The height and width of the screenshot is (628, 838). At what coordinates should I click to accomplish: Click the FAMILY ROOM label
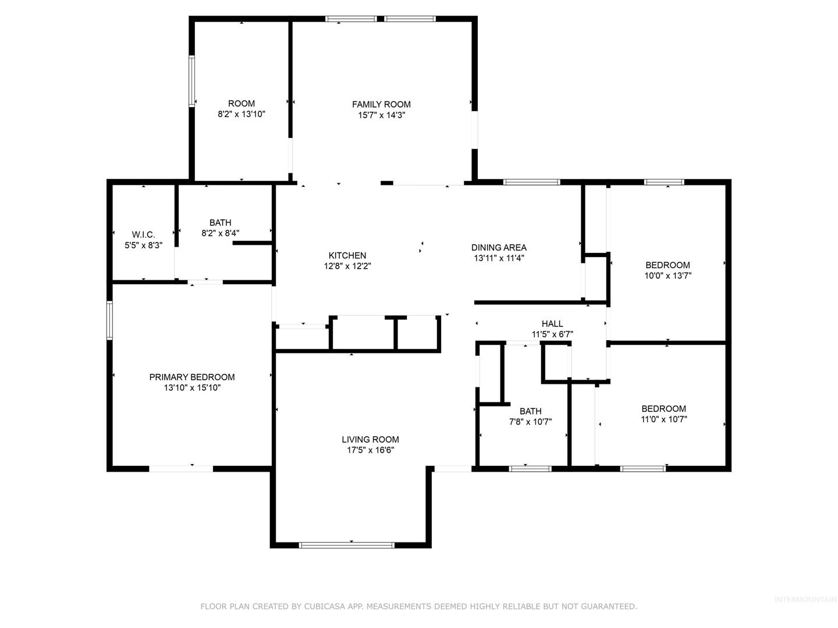381,104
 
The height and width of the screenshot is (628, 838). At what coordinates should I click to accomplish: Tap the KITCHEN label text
347,255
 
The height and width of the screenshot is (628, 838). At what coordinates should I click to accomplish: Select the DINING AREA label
499,248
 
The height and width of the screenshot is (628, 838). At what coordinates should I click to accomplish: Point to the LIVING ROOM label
370,439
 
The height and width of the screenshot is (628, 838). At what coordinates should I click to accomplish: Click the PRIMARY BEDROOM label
191,377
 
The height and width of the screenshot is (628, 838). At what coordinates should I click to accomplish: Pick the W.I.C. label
143,234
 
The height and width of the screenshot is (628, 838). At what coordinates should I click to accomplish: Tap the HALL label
552,324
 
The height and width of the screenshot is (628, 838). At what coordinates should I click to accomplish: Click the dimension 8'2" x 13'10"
242,114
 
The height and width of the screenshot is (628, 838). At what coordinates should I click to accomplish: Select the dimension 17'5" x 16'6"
370,450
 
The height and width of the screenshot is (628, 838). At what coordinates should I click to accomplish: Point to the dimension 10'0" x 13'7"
667,275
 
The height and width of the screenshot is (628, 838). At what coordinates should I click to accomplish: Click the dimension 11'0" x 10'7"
663,419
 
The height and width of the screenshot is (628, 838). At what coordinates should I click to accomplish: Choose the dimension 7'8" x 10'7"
530,422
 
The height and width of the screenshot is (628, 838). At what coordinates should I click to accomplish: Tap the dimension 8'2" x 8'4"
221,233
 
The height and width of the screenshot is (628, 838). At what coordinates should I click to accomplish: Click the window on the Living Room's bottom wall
346,545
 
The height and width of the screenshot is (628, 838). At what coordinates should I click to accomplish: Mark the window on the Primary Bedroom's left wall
109,320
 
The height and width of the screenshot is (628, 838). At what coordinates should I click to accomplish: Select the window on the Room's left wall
191,81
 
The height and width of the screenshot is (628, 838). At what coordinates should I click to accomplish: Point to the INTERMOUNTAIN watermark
805,600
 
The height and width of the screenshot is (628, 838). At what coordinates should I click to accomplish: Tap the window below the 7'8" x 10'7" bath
530,469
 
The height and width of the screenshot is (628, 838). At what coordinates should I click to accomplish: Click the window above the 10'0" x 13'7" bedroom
664,182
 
